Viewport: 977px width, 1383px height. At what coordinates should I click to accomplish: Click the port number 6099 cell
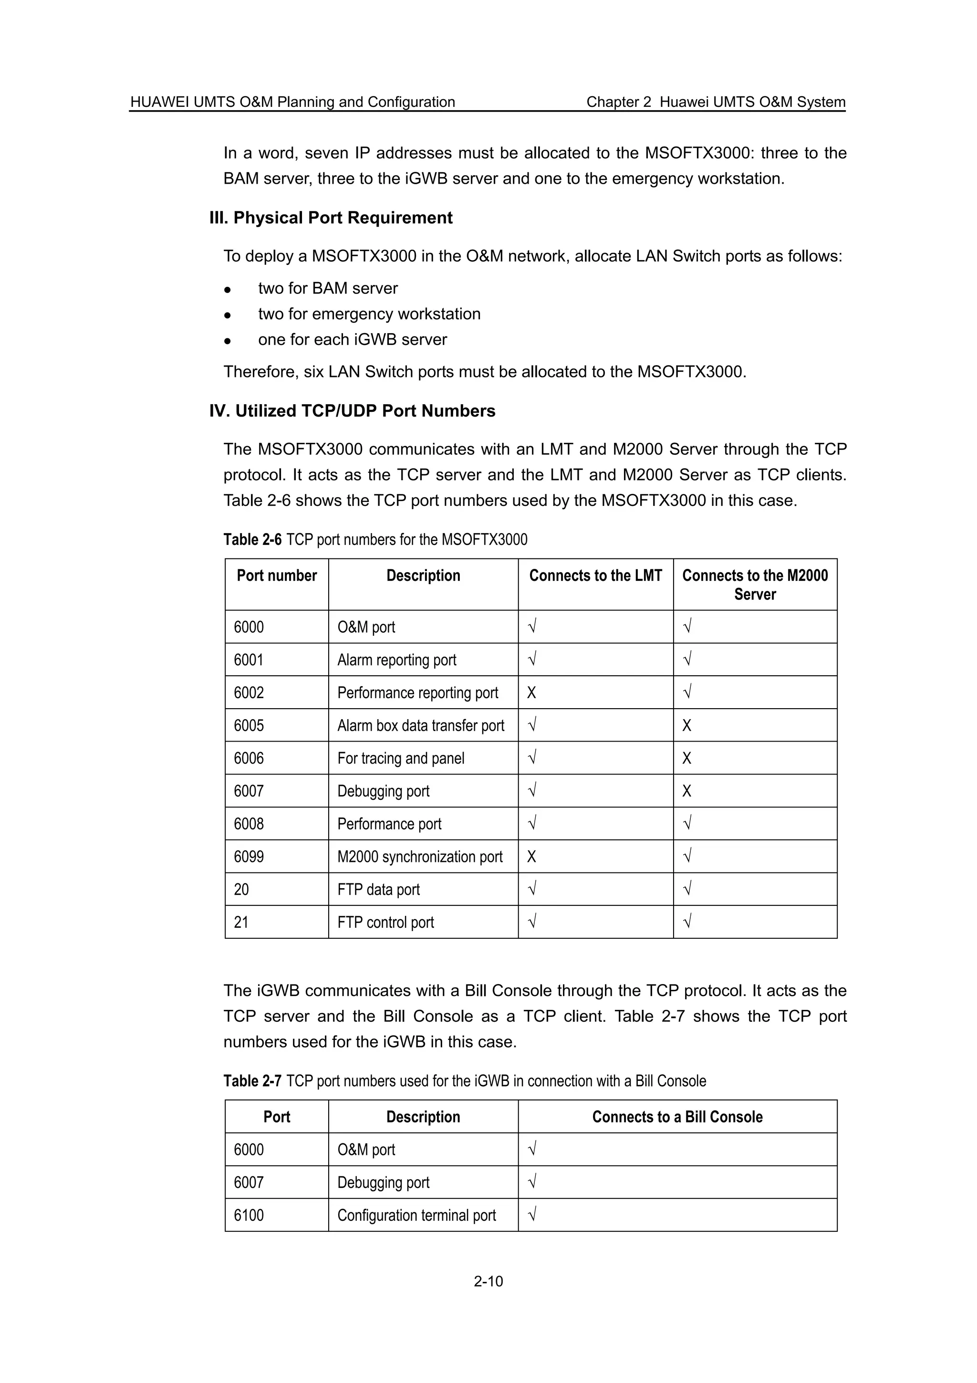point(249,857)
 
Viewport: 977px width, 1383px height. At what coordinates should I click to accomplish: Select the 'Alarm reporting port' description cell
point(397,660)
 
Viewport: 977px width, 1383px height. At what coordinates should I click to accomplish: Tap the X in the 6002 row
point(531,693)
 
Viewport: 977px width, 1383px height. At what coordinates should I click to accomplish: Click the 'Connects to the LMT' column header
point(595,576)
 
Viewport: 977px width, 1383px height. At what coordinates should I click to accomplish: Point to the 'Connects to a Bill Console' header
point(677,1117)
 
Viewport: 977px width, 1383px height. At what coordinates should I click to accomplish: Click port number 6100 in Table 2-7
point(249,1215)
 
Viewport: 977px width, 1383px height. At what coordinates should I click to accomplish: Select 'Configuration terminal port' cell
point(416,1215)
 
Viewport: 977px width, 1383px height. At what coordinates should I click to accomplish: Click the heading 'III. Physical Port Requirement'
point(331,218)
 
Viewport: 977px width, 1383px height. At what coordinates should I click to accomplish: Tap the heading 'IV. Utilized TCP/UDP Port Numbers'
point(352,411)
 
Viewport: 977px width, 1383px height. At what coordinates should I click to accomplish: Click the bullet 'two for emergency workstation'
point(369,314)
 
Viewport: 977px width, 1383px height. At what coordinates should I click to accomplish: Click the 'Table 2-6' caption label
point(252,539)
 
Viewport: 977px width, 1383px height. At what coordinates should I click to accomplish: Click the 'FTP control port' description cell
point(385,922)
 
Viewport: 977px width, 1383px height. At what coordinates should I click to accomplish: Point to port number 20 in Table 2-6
point(241,890)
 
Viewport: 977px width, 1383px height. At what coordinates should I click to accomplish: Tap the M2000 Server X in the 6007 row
point(687,791)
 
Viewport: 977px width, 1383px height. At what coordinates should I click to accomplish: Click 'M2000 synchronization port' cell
point(420,857)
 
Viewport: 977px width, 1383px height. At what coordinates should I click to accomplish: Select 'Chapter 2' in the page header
point(618,102)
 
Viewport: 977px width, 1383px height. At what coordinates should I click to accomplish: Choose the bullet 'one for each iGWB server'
point(352,340)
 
